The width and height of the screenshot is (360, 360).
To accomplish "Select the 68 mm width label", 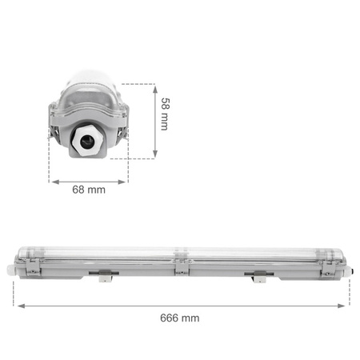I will tap(89, 190).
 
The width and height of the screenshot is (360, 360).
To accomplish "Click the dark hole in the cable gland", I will tap(87, 141).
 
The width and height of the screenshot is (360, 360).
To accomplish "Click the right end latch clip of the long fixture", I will tap(328, 269).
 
